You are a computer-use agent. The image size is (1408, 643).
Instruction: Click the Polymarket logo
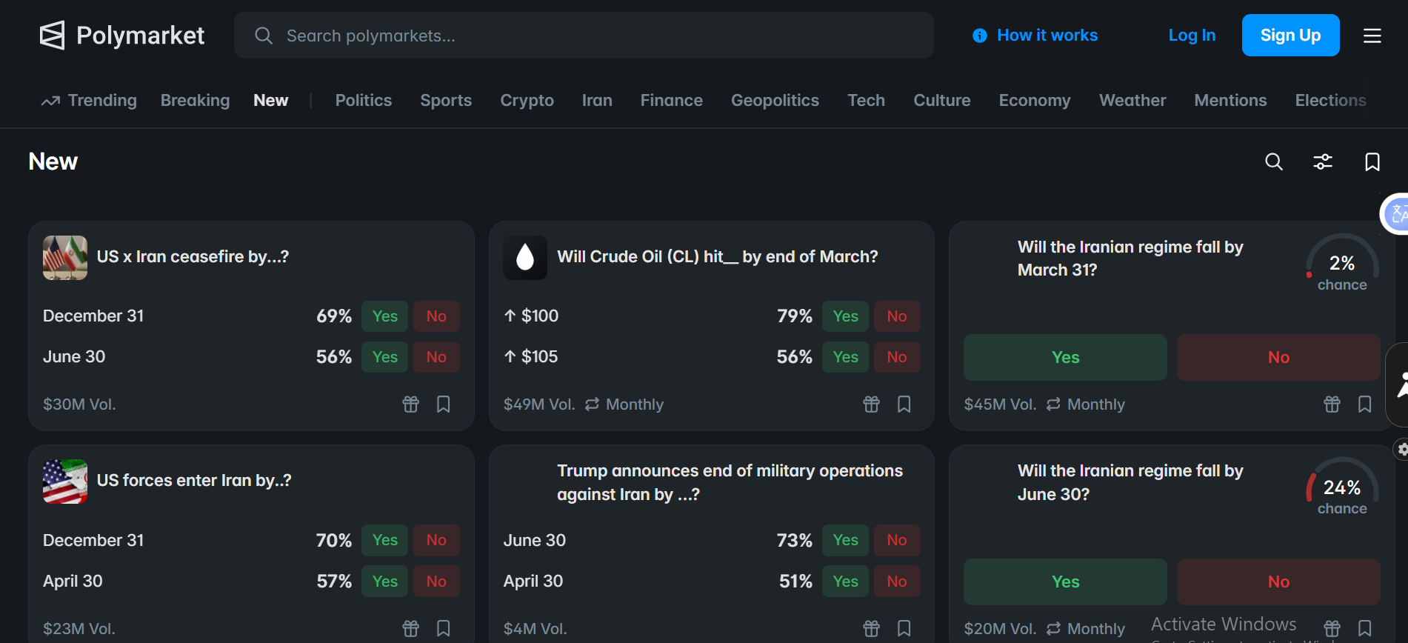(x=121, y=35)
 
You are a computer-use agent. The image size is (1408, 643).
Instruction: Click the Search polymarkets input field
(x=584, y=36)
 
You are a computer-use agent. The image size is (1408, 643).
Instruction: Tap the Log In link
(x=1192, y=36)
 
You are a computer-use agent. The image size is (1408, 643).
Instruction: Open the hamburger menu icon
(x=1372, y=36)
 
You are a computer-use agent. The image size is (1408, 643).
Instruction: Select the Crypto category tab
(x=527, y=100)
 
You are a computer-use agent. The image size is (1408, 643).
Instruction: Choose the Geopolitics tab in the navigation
(x=775, y=100)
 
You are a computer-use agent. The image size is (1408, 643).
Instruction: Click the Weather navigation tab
(x=1132, y=100)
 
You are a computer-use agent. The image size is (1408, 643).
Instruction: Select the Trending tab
(x=90, y=100)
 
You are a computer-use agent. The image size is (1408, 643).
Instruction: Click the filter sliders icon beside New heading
(x=1323, y=161)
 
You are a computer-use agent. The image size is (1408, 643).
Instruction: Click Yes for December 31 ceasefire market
(x=384, y=316)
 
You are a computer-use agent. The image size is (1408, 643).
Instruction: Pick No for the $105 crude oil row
(x=896, y=357)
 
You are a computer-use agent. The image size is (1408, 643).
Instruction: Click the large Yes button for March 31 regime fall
(x=1064, y=357)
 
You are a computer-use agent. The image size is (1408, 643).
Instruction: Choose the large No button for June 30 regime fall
(x=1278, y=582)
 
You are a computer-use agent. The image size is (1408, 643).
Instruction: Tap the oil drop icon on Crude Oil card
(x=525, y=258)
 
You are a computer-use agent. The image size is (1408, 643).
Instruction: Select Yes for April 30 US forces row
(x=384, y=582)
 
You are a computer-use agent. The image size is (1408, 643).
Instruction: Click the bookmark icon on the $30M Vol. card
(x=444, y=404)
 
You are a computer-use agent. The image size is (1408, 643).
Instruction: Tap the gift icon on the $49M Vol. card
(x=871, y=404)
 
